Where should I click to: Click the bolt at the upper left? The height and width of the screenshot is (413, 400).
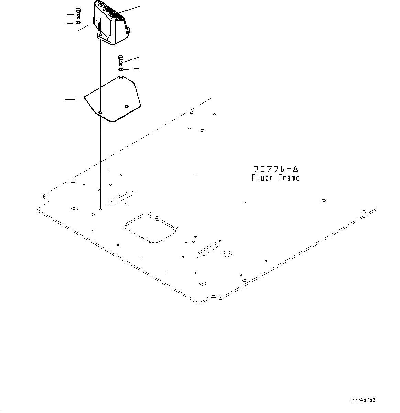pos(78,13)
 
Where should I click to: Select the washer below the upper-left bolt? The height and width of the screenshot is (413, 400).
pos(78,23)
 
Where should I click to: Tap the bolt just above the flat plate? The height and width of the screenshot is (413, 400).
pos(121,61)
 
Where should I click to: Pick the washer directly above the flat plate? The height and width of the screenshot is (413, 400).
pos(121,70)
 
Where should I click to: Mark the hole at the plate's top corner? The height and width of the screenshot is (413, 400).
pos(121,78)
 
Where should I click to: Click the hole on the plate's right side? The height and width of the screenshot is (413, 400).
pos(127,107)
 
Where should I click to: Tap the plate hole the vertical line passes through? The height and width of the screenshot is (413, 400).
pos(100,112)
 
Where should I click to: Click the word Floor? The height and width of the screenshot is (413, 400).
pos(262,178)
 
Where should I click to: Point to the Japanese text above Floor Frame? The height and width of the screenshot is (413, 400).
pos(275,169)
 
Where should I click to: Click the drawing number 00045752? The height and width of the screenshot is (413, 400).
pos(363,400)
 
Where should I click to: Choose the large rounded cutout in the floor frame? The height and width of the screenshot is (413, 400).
pos(150,228)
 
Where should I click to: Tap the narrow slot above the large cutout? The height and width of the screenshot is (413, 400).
pos(120,198)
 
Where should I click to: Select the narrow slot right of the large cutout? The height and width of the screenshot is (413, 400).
pos(208,249)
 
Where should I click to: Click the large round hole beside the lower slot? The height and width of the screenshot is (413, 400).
pos(227,254)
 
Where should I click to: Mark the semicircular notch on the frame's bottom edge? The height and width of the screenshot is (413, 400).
pos(215,297)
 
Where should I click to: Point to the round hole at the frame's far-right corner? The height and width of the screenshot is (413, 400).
pos(364,212)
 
